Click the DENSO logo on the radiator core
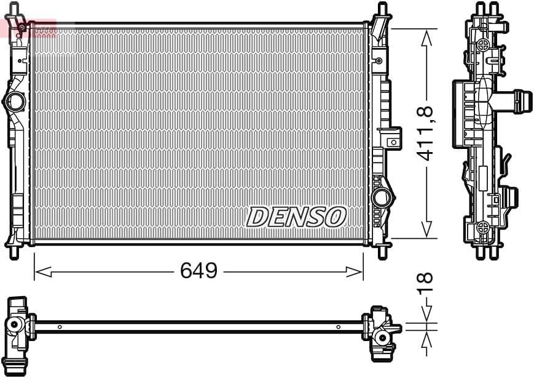[x=297, y=216]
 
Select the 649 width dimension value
[x=198, y=271]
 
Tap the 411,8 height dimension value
[x=426, y=134]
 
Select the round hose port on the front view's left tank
[x=15, y=102]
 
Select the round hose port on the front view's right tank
[x=381, y=198]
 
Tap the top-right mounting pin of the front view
[x=382, y=10]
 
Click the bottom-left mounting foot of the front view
[x=14, y=252]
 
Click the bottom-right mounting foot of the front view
[x=382, y=252]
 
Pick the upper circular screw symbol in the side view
[x=483, y=45]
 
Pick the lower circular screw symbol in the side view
[x=483, y=226]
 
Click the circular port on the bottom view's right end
[x=382, y=337]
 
